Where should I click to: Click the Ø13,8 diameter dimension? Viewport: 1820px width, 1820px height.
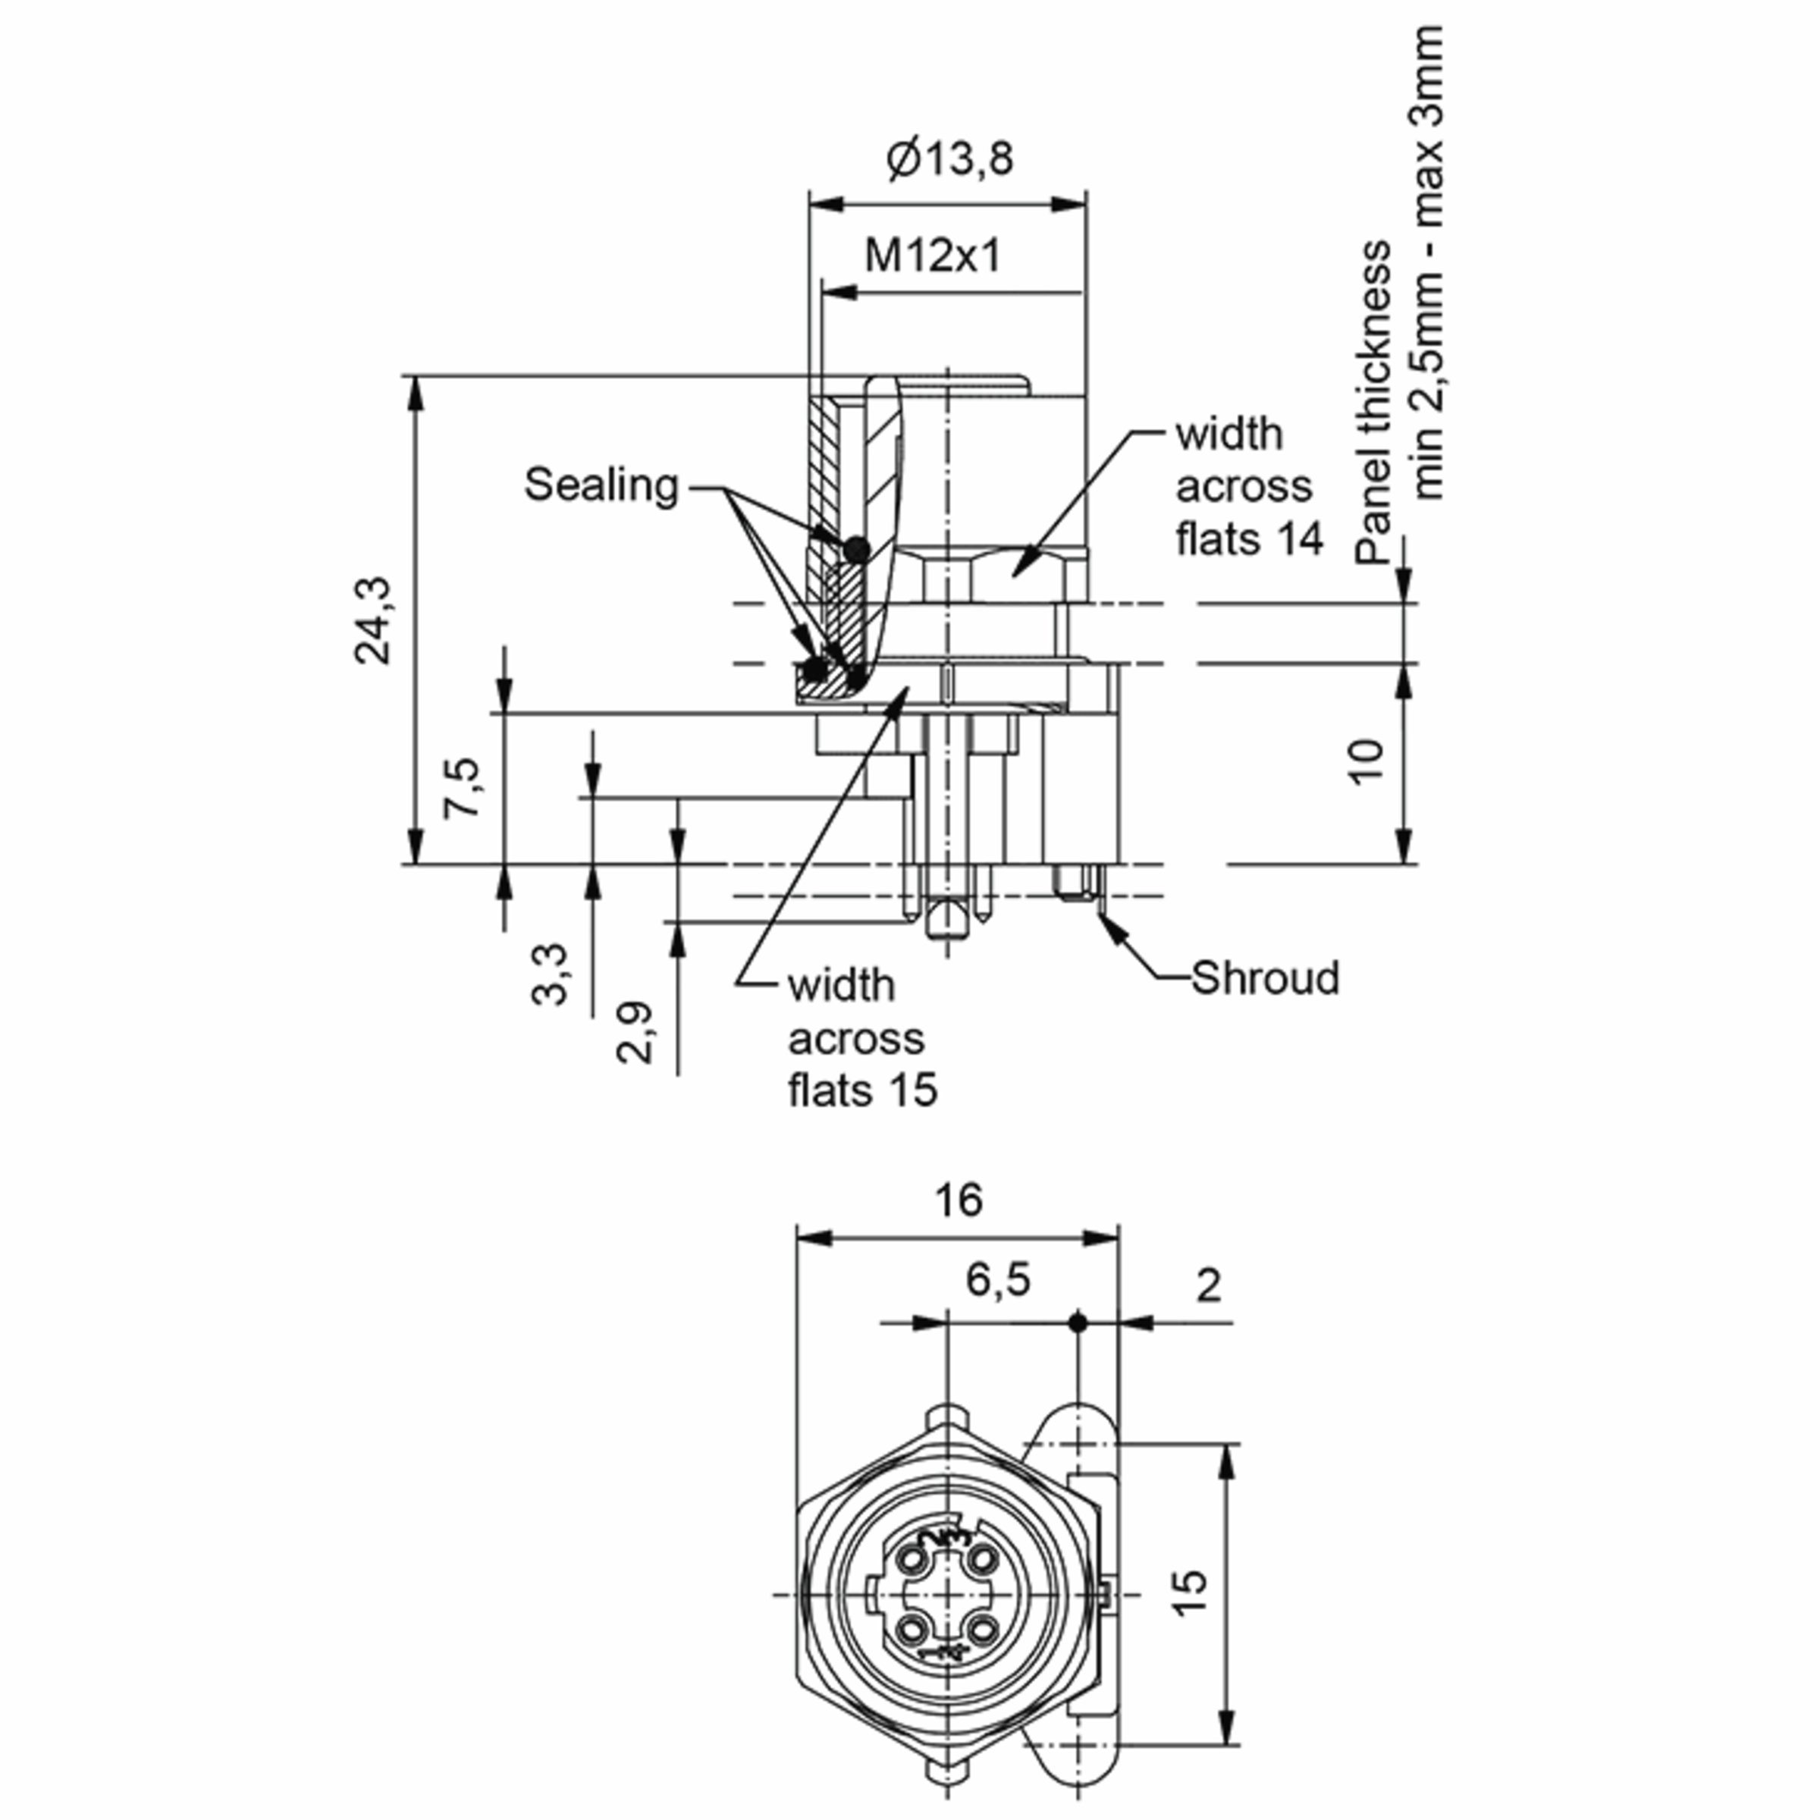click(949, 158)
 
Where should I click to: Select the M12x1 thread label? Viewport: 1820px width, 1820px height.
click(933, 256)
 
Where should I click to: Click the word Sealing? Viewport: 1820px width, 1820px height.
click(601, 485)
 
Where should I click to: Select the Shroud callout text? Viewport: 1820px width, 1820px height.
click(1264, 977)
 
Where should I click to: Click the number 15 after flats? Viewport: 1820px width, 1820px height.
click(913, 1090)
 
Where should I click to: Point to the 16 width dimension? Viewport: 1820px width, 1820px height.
click(958, 1200)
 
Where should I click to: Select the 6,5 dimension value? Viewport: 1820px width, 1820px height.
click(998, 1279)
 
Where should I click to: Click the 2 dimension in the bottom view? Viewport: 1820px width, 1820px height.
click(1209, 1285)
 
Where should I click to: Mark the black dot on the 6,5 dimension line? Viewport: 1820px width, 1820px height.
click(1078, 1323)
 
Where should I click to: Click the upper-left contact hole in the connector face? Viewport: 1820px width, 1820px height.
click(914, 1560)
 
